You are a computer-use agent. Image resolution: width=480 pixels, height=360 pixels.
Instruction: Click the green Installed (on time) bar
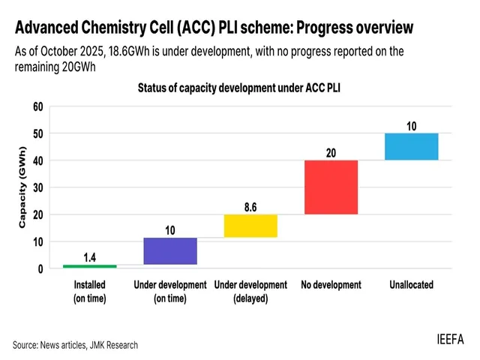89,266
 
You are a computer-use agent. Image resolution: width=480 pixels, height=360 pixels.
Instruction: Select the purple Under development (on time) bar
170,251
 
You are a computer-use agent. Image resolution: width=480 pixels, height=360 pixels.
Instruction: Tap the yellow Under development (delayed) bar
250,226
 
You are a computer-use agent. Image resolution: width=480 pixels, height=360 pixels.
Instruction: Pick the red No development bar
331,187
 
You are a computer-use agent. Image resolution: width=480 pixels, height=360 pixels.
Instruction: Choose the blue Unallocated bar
411,146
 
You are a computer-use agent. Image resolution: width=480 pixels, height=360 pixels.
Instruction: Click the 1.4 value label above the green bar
89,257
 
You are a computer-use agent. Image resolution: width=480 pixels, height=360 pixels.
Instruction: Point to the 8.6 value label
250,204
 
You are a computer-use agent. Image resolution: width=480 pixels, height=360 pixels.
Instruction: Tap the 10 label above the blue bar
411,124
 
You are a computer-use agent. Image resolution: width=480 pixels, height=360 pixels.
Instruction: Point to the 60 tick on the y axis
37,106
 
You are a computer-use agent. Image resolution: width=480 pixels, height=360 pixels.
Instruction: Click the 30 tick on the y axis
37,187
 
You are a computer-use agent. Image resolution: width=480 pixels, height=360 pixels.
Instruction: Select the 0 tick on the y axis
40,268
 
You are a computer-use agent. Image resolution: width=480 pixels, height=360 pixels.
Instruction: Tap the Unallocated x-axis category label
411,285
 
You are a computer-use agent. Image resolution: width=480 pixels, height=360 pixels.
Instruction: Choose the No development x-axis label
331,285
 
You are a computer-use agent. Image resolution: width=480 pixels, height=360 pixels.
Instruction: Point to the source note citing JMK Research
75,345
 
